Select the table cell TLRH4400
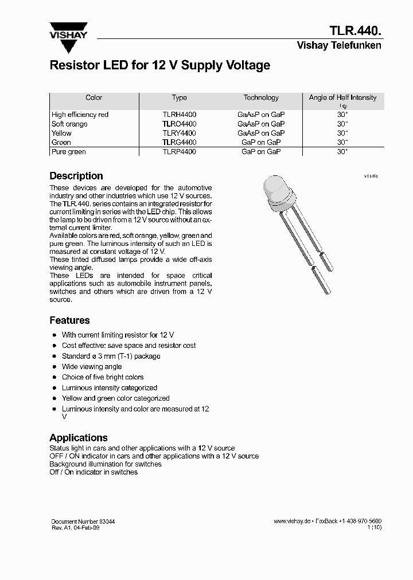pos(179,115)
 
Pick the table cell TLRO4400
pos(179,124)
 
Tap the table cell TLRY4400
pos(179,133)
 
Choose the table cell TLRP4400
pos(179,152)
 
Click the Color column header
pos(93,98)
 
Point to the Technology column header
pos(261,98)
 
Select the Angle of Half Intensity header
pos(342,98)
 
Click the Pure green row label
pos(68,152)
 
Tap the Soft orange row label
pos(69,124)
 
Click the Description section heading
pos(76,176)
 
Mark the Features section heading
pos(69,320)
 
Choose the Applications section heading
pos(79,438)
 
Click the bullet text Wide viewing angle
pos(92,367)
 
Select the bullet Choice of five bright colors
pos(103,377)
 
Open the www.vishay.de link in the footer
pos(292,521)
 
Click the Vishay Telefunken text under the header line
pos(338,46)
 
